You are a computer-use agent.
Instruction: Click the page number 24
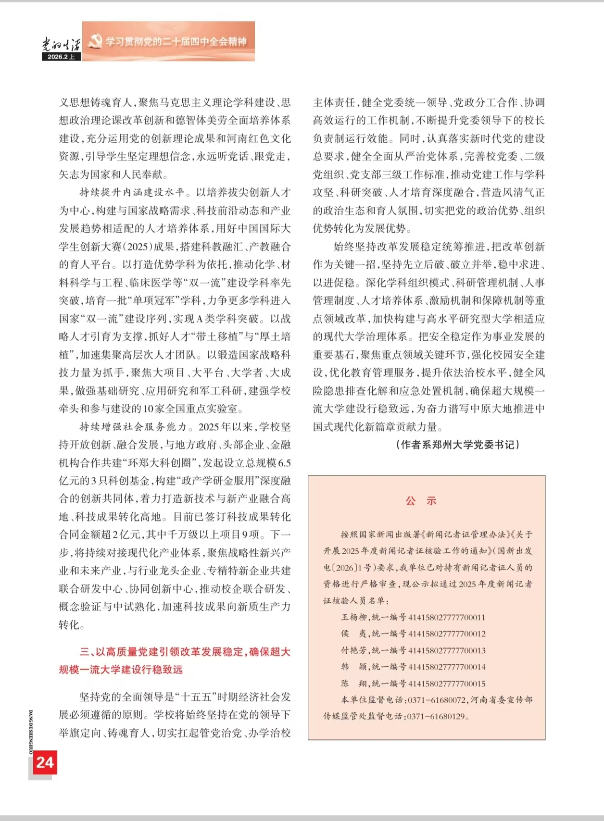point(45,762)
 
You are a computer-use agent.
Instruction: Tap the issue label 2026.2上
point(61,57)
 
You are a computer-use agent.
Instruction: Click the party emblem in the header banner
point(95,41)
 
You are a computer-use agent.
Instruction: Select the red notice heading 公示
point(421,501)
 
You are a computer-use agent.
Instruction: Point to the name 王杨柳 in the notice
point(354,617)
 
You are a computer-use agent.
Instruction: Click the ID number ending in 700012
point(447,634)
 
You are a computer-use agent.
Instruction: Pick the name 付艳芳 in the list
point(354,650)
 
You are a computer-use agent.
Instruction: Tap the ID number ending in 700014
point(447,667)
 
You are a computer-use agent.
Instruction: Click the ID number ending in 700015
point(447,684)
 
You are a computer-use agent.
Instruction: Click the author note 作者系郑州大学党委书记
point(457,445)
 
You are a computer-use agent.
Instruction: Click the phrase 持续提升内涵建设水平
point(132,192)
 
